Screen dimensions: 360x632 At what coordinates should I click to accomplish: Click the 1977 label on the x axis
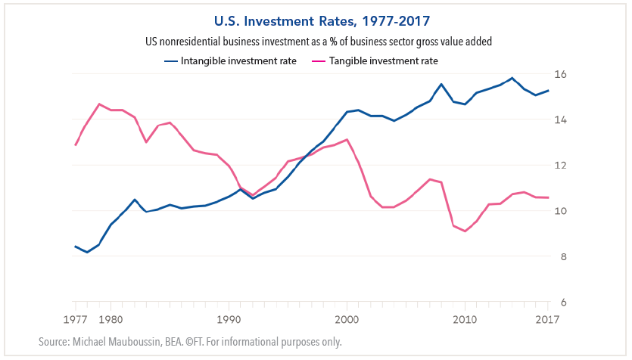[x=75, y=318]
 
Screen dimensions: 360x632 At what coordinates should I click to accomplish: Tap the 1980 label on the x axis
[x=111, y=318]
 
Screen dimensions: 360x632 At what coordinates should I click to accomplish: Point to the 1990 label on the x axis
[x=229, y=318]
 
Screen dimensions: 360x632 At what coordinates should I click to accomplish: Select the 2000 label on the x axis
[x=347, y=318]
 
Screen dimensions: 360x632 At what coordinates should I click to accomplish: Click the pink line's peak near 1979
[x=99, y=104]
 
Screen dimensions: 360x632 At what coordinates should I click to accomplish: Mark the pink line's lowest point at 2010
[x=465, y=231]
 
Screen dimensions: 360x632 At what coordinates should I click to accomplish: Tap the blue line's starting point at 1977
[x=75, y=246]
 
